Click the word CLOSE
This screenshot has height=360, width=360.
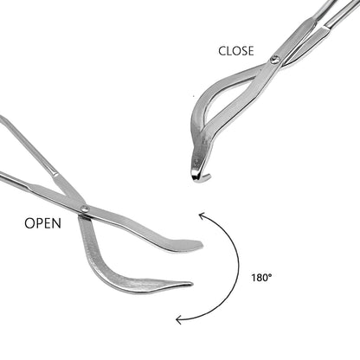coord(236,51)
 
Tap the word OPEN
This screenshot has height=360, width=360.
coord(42,223)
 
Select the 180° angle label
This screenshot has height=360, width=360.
coord(261,278)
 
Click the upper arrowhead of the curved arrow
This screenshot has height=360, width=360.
coord(201,215)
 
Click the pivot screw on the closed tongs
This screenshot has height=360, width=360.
coord(274,60)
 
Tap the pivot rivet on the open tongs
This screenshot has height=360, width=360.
coord(85,209)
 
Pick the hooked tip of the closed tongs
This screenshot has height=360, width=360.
coord(201,177)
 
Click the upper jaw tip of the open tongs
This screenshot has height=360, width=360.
coord(201,245)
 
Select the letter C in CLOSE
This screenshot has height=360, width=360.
coord(222,51)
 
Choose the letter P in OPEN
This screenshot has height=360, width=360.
coord(39,223)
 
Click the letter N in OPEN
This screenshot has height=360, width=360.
coord(57,223)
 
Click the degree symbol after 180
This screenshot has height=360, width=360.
coord(270,275)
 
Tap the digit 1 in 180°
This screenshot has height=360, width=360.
coord(254,278)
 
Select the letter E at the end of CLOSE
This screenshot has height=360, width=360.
coord(251,51)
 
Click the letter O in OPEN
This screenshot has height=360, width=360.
coord(29,223)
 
